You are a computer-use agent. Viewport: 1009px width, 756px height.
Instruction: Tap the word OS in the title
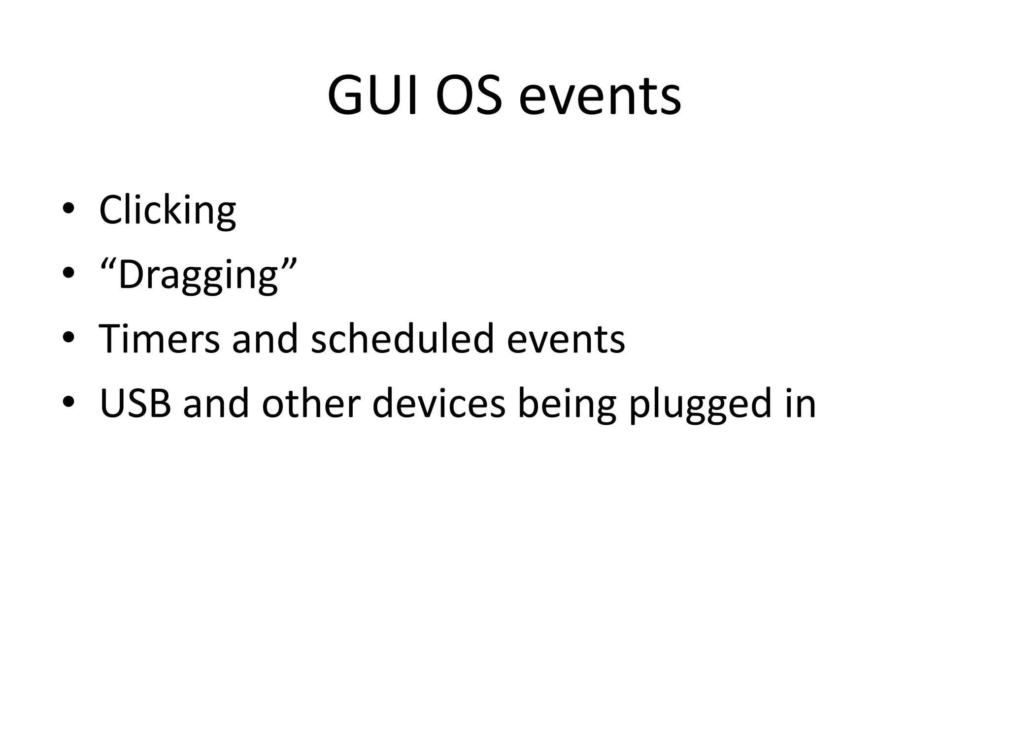click(469, 95)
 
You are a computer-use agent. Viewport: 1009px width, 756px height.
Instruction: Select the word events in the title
click(600, 95)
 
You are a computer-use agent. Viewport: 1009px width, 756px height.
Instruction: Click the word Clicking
click(168, 210)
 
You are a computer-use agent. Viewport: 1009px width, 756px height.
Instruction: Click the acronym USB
click(135, 404)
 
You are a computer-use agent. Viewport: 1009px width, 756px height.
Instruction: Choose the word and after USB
click(216, 404)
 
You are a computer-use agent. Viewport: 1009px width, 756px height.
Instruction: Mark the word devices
click(438, 404)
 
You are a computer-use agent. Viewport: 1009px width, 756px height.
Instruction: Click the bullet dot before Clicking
click(68, 208)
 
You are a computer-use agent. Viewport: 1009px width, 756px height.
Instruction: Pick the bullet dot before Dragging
click(68, 273)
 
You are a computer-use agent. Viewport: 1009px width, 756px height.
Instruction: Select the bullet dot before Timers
click(68, 337)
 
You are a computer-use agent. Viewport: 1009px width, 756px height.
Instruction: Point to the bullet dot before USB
click(68, 402)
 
